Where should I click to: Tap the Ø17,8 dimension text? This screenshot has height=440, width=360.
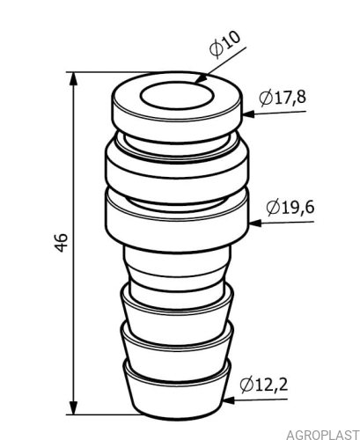click(283, 98)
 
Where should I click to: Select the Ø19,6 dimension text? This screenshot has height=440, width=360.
click(290, 208)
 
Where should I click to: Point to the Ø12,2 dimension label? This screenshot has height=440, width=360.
click(264, 385)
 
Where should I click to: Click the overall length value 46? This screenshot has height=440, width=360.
click(62, 243)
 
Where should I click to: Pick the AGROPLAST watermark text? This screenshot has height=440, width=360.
click(323, 435)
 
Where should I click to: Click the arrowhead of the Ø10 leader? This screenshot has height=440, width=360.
click(201, 78)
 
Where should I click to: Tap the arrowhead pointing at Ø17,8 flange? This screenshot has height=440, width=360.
click(248, 114)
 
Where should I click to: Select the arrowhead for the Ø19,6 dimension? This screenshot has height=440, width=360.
click(255, 223)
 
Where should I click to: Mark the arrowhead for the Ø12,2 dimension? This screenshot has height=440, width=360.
click(228, 400)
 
